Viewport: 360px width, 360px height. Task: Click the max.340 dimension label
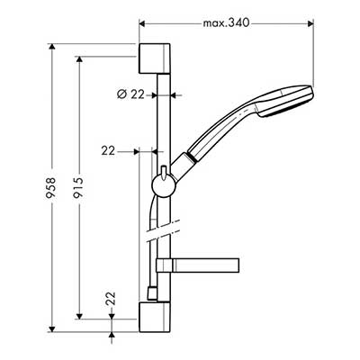pos(226,23)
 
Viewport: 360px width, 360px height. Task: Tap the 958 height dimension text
pos(52,188)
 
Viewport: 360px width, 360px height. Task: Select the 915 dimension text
pos(79,188)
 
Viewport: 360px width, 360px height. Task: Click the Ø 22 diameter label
pos(130,94)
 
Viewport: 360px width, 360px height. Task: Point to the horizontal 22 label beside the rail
pos(108,150)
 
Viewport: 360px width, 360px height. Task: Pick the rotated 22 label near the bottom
pos(112,299)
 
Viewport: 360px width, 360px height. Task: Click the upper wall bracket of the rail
pos(155,58)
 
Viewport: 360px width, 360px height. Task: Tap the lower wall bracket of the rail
pos(155,317)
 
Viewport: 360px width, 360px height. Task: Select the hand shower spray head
pos(285,101)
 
